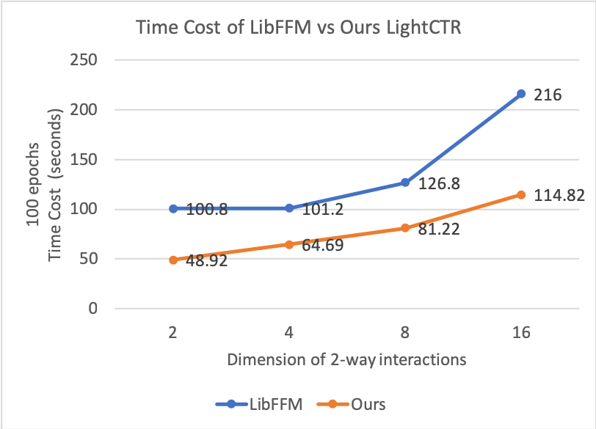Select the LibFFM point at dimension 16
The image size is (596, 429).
[521, 94]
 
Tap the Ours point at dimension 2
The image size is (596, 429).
[173, 260]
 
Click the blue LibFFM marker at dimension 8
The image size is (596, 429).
[405, 182]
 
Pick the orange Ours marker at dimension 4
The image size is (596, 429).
[289, 244]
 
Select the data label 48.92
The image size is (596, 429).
[205, 261]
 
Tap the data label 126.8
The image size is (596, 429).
[439, 184]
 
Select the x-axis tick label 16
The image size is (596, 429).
[521, 332]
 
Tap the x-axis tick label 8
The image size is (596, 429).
[405, 332]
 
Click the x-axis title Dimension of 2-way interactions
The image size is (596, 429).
[346, 360]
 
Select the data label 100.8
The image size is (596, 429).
[207, 210]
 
